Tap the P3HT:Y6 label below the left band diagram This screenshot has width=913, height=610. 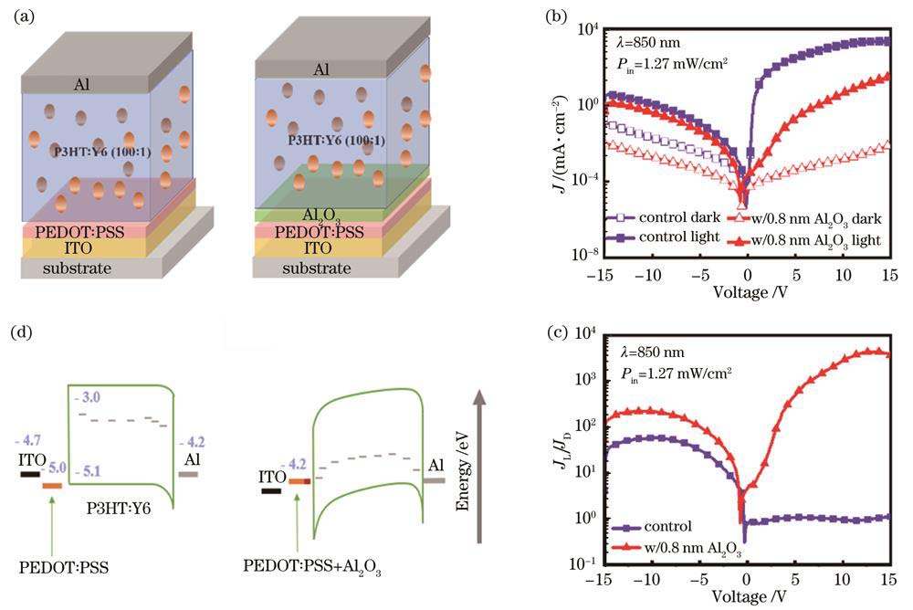120,505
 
